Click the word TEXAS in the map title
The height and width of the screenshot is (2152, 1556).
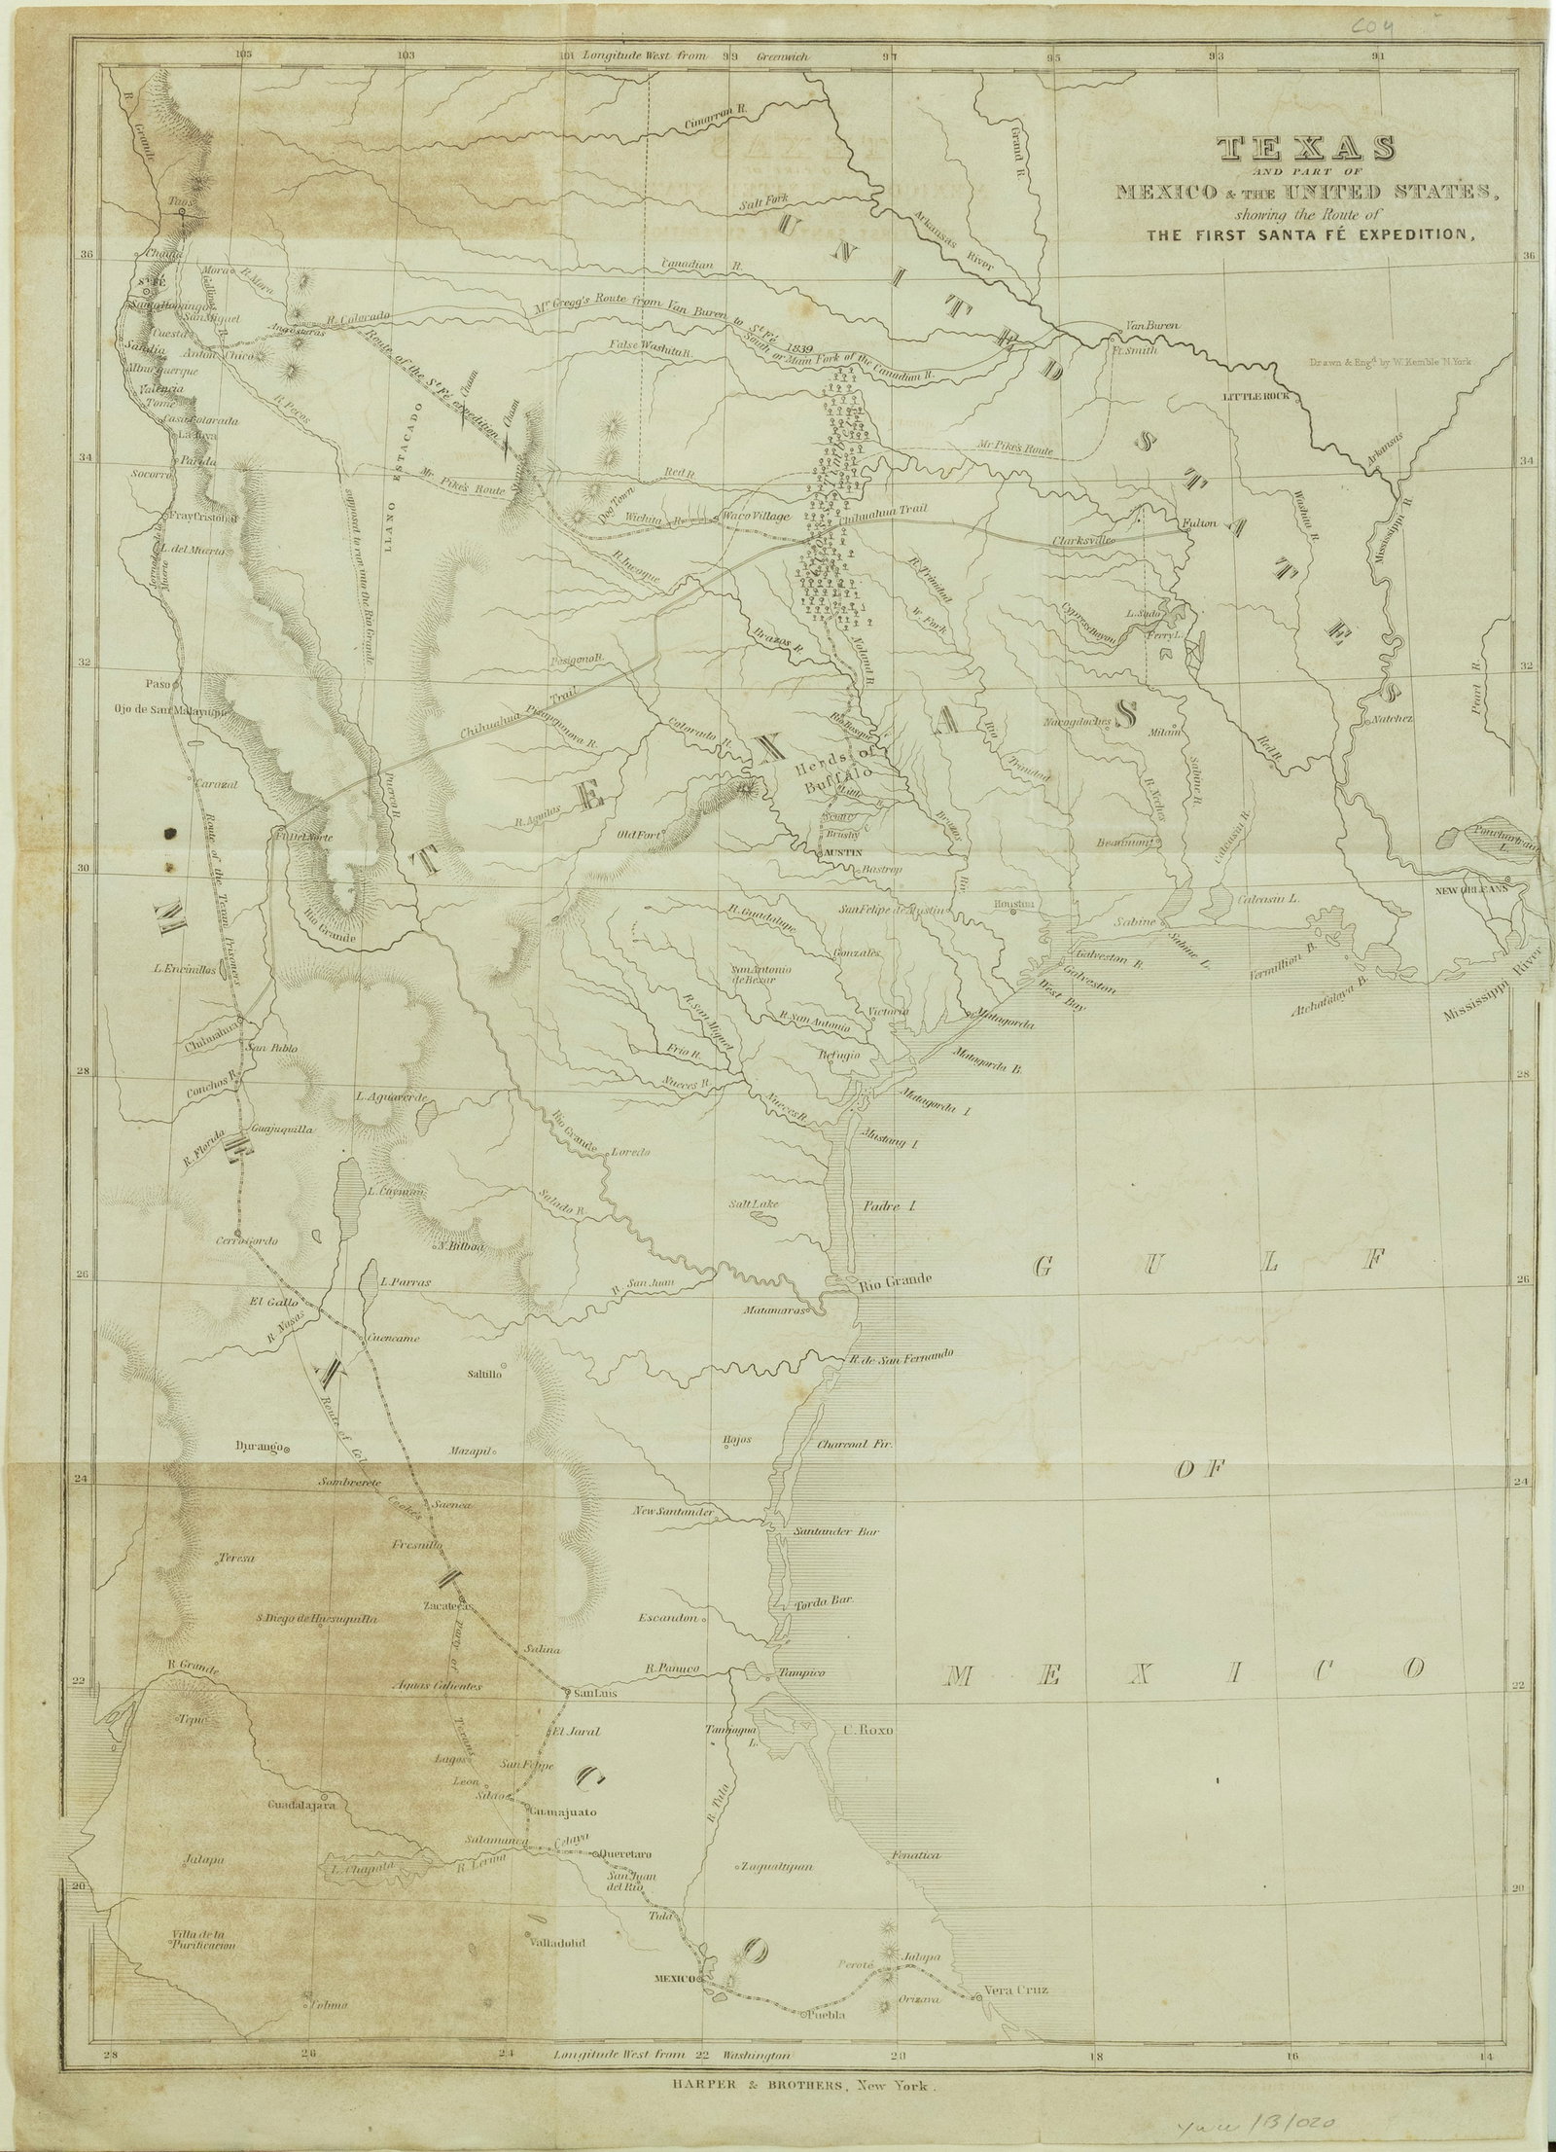(1306, 149)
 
